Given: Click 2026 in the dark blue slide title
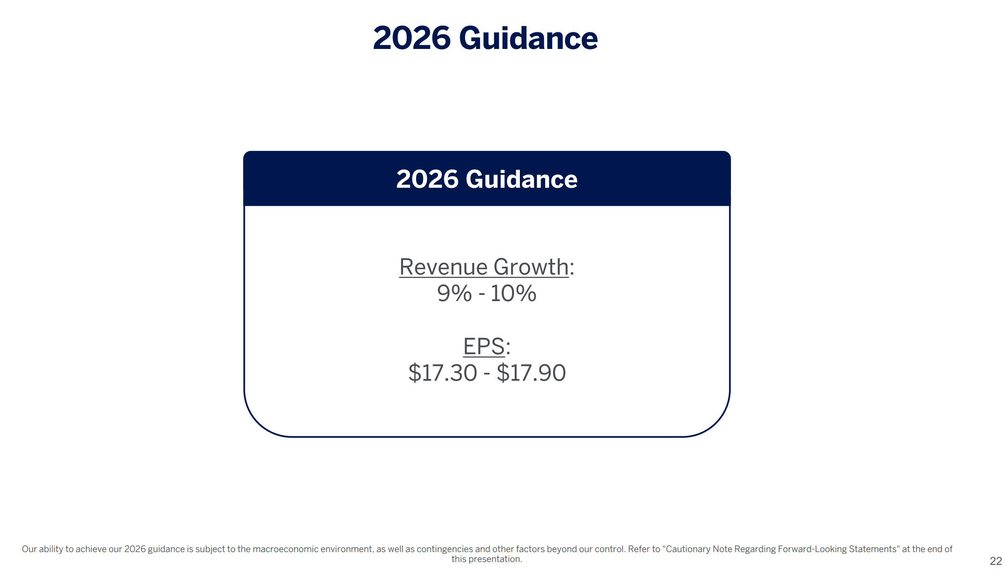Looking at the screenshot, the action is [x=412, y=38].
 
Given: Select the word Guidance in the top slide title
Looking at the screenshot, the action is [x=529, y=38].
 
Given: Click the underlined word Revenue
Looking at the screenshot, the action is [x=443, y=267].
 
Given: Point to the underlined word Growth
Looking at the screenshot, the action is [x=531, y=267].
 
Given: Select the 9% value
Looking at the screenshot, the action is [x=454, y=293].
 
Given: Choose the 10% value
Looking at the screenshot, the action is [x=514, y=293].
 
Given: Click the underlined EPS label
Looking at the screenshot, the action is [x=484, y=346].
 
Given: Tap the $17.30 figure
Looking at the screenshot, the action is [x=443, y=373].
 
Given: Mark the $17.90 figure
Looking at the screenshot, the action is [x=531, y=373].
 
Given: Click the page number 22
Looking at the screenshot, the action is [x=996, y=561].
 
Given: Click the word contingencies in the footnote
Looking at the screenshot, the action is [x=445, y=549].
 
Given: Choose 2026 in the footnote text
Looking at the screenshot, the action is [x=135, y=549].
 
